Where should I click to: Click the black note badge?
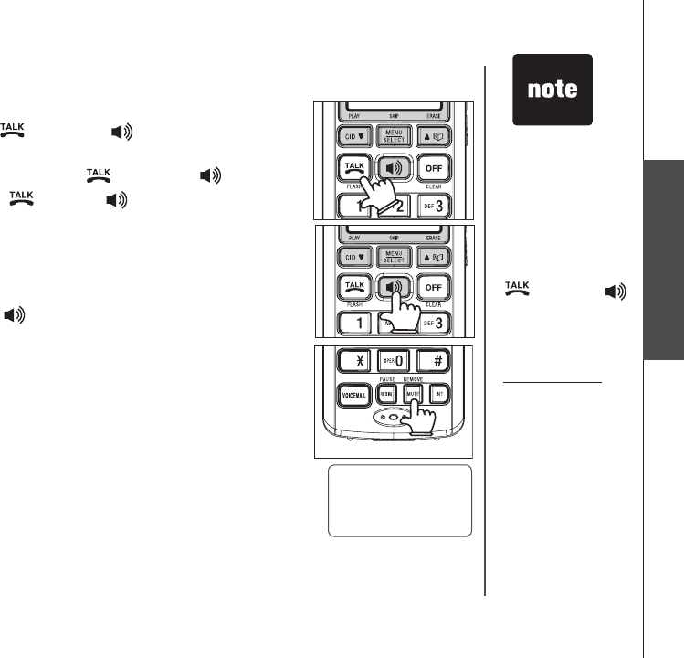tap(552, 90)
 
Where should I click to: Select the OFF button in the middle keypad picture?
tap(432, 287)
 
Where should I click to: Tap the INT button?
tap(450, 397)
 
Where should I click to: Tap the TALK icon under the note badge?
tap(518, 290)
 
